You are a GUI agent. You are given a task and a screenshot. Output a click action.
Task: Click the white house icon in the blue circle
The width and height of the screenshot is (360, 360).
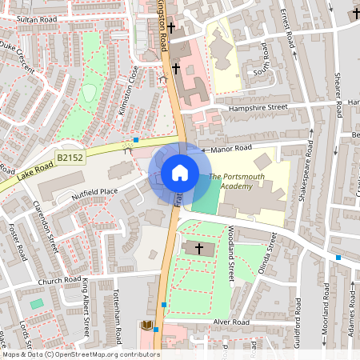179,173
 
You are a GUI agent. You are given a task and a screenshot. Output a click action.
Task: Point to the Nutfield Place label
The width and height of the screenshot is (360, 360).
94,193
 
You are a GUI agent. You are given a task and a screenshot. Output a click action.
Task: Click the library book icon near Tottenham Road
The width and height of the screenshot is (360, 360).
146,325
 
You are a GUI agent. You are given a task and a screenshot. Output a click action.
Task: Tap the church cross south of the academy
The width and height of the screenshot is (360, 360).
199,248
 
